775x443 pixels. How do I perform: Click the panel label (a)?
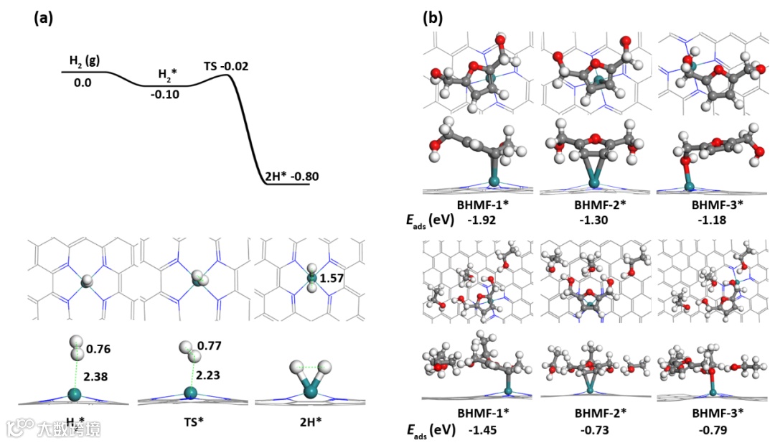43,19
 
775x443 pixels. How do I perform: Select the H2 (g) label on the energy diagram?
83,60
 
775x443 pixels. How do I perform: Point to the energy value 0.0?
83,83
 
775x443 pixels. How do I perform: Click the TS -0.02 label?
226,67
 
